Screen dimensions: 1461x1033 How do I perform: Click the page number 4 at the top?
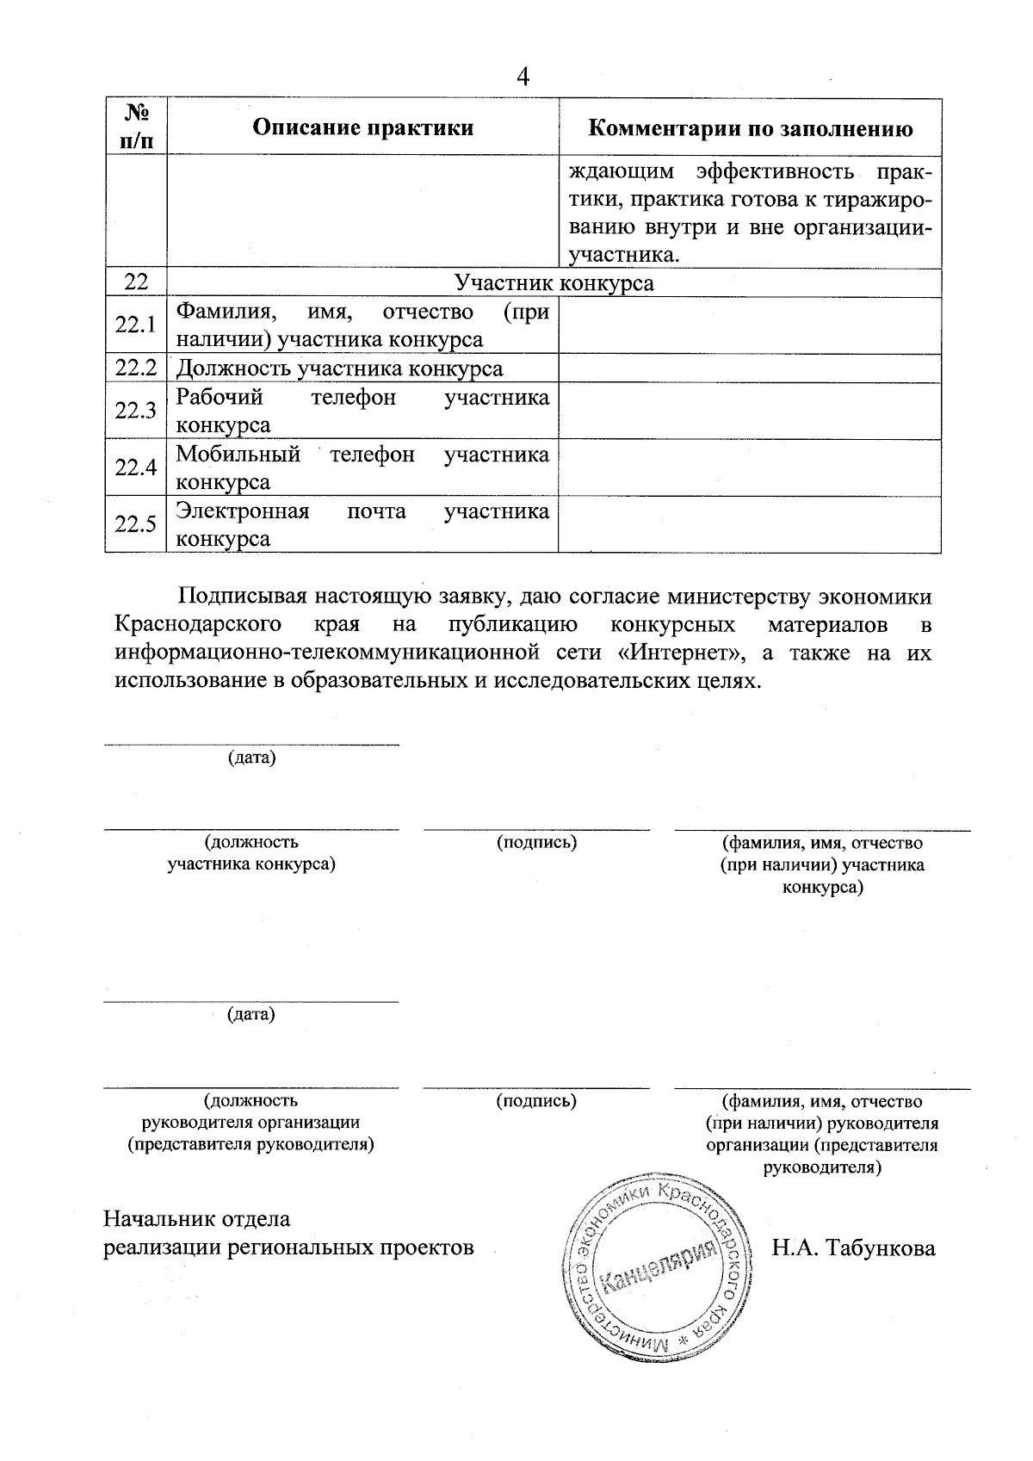523,77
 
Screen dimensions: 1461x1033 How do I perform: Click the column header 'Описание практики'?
362,128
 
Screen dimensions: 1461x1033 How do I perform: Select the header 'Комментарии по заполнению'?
750,128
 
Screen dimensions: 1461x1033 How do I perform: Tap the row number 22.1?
135,325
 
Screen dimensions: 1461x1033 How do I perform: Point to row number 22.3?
135,411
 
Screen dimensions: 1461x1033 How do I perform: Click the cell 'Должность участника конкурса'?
339,368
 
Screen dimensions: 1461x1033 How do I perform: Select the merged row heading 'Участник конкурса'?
554,283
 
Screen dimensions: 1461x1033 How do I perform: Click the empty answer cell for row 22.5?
749,524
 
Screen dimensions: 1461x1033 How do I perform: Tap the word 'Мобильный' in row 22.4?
238,454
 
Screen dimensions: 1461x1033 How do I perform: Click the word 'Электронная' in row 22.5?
242,511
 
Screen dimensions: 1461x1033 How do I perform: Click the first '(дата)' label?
251,758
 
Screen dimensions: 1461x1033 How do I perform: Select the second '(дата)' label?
251,1014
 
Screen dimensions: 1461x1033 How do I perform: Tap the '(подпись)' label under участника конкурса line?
536,842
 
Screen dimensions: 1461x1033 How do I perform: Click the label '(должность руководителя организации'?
251,1111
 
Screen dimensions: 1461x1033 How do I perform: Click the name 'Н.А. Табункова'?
853,1247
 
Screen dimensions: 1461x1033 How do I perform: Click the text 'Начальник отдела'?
197,1219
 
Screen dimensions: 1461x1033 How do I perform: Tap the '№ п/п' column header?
135,127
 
